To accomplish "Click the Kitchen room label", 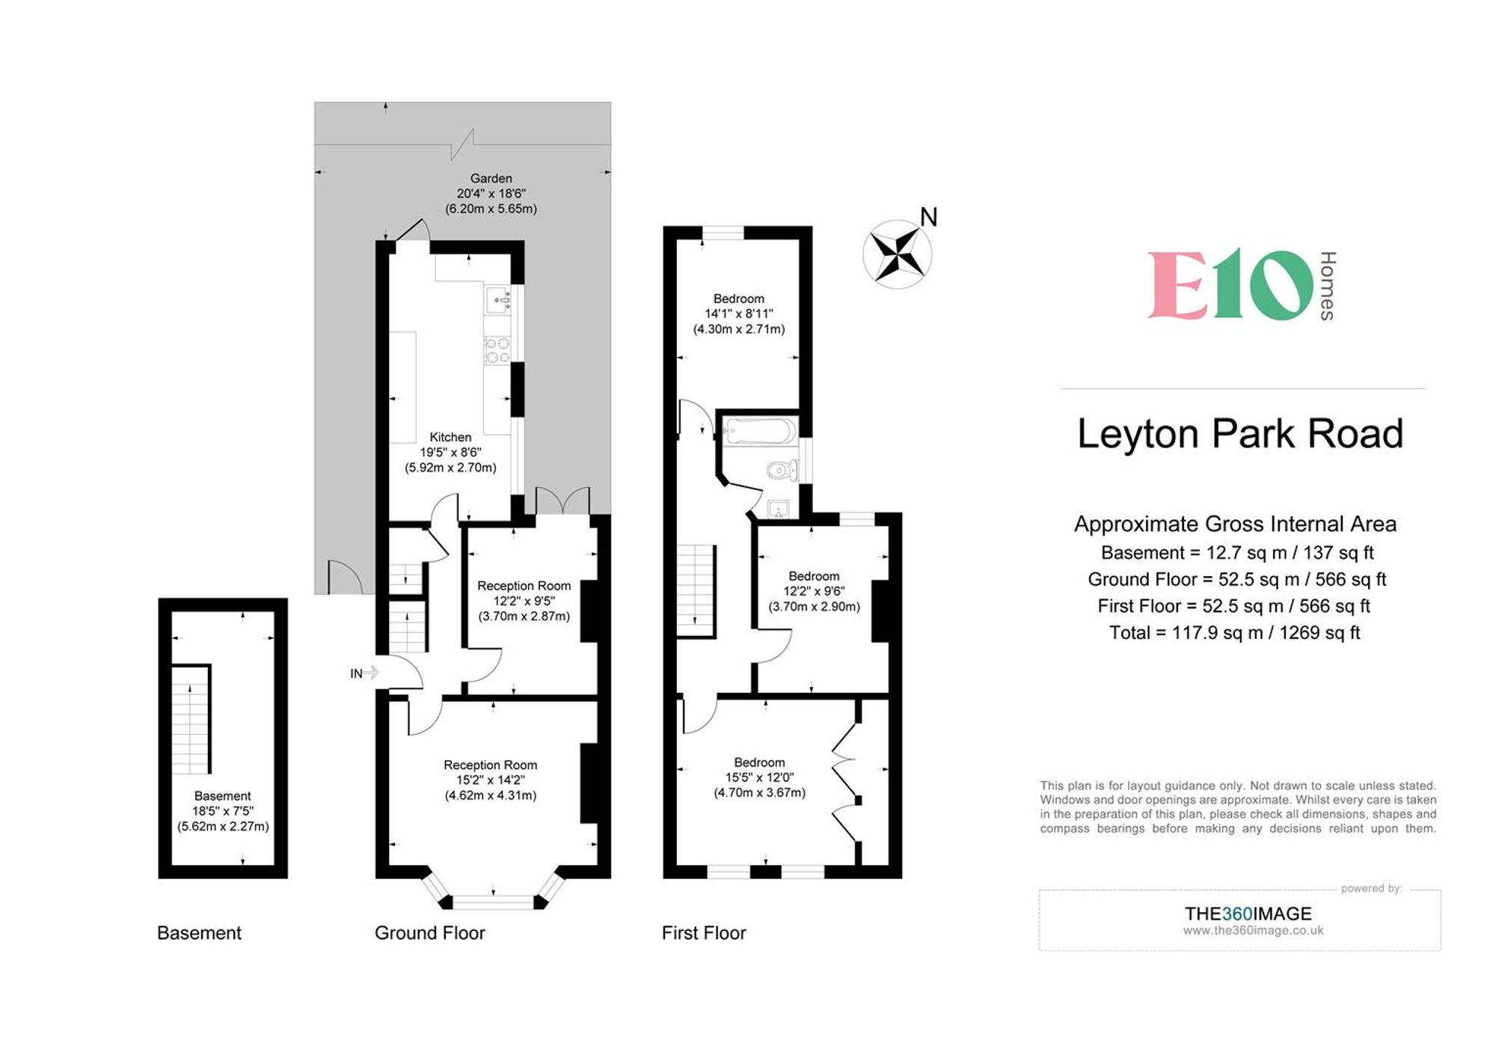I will pyautogui.click(x=450, y=437).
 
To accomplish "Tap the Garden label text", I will pyautogui.click(x=491, y=178).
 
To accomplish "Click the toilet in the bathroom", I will pyautogui.click(x=781, y=471).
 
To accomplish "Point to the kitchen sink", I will pyautogui.click(x=498, y=300).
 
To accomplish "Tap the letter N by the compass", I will pyautogui.click(x=928, y=217).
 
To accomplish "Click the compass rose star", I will pyautogui.click(x=897, y=254).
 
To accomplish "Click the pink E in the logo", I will pyautogui.click(x=1178, y=285).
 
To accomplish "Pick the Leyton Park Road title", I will pyautogui.click(x=1239, y=434).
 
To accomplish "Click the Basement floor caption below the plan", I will pyautogui.click(x=199, y=933).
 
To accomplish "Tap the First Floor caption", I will pyautogui.click(x=703, y=933).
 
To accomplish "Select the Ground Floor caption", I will pyautogui.click(x=429, y=933).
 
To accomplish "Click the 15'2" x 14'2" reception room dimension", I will pyautogui.click(x=491, y=780).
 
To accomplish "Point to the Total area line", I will pyautogui.click(x=1234, y=633).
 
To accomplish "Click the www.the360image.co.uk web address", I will pyautogui.click(x=1253, y=931).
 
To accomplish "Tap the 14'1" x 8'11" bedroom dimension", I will pyautogui.click(x=738, y=314).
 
